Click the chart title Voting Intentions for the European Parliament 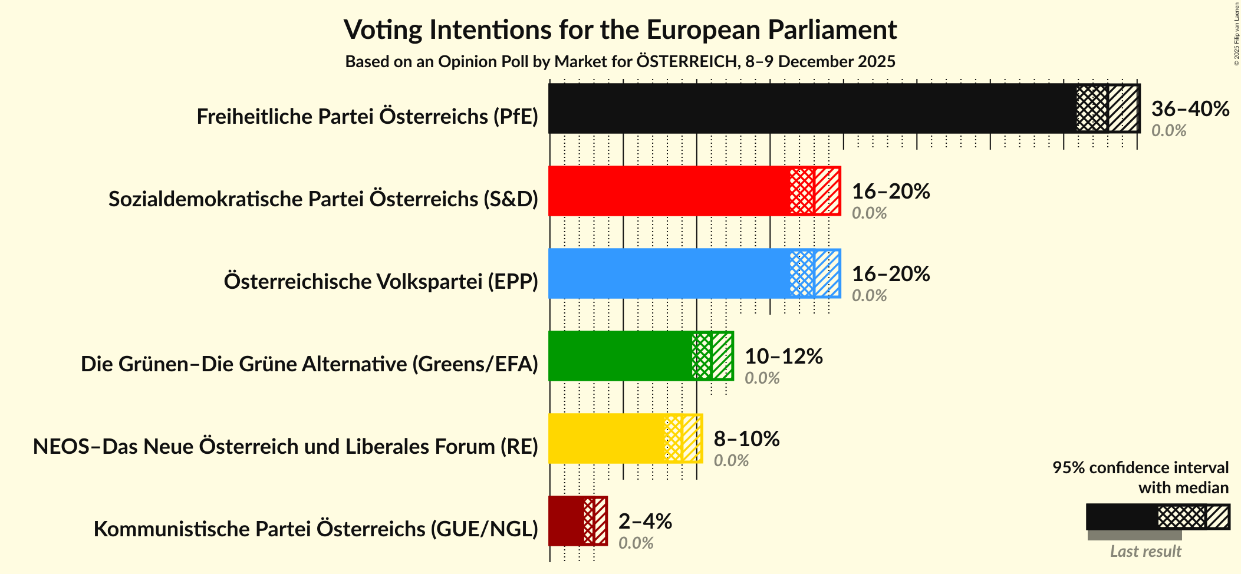tap(620, 29)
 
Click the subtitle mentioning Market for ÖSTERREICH tap(620, 62)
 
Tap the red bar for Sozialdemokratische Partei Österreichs tap(669, 191)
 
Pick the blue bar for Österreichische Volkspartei tap(669, 273)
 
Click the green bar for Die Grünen tap(619, 356)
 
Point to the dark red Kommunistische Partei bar tap(566, 521)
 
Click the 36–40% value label tap(1190, 108)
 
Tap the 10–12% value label tap(784, 356)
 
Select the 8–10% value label tap(746, 438)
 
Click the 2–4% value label tap(645, 521)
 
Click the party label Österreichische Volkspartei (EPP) tap(381, 282)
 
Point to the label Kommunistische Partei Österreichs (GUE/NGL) tap(316, 529)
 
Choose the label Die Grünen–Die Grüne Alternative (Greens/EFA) tap(310, 364)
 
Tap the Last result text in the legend tap(1145, 551)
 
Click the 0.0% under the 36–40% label tap(1168, 130)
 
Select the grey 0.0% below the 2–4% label tap(636, 543)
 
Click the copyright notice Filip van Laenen tap(1237, 34)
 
